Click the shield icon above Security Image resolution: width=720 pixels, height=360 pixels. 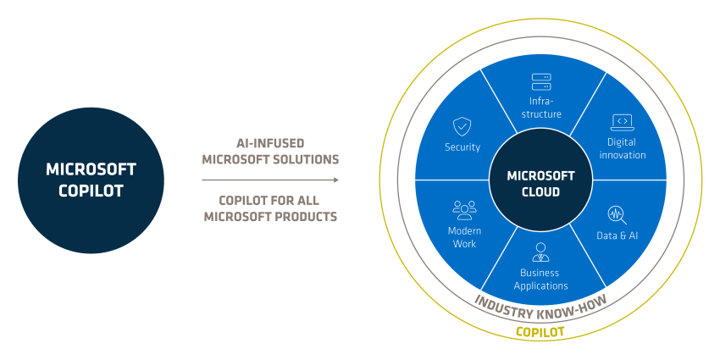[x=462, y=126]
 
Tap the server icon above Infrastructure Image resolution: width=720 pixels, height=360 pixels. [x=541, y=82]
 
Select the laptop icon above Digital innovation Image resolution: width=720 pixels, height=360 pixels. [x=623, y=123]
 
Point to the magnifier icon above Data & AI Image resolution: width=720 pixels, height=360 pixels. [x=617, y=215]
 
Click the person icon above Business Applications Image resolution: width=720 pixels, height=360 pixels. [x=540, y=252]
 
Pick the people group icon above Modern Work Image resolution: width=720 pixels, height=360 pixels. [x=464, y=210]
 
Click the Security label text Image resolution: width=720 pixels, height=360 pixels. [x=462, y=147]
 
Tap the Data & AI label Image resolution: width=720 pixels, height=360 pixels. [x=618, y=235]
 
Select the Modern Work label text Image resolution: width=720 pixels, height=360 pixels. [x=464, y=237]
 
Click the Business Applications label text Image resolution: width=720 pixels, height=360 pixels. [x=540, y=280]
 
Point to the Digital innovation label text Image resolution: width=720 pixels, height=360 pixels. [x=623, y=148]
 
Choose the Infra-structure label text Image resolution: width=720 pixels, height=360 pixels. [x=541, y=108]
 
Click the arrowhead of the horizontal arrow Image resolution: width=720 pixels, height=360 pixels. [x=335, y=180]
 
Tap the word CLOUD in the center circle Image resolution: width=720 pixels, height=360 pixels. [x=541, y=191]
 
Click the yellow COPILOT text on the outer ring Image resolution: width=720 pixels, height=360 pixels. [x=540, y=331]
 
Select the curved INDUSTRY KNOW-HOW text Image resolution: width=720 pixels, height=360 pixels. [x=540, y=307]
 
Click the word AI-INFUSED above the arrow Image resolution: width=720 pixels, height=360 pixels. [x=270, y=143]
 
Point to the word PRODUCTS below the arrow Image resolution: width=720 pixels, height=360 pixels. [x=304, y=216]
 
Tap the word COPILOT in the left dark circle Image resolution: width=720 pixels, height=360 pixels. [x=91, y=191]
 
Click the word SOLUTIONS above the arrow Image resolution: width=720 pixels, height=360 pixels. [x=305, y=159]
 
